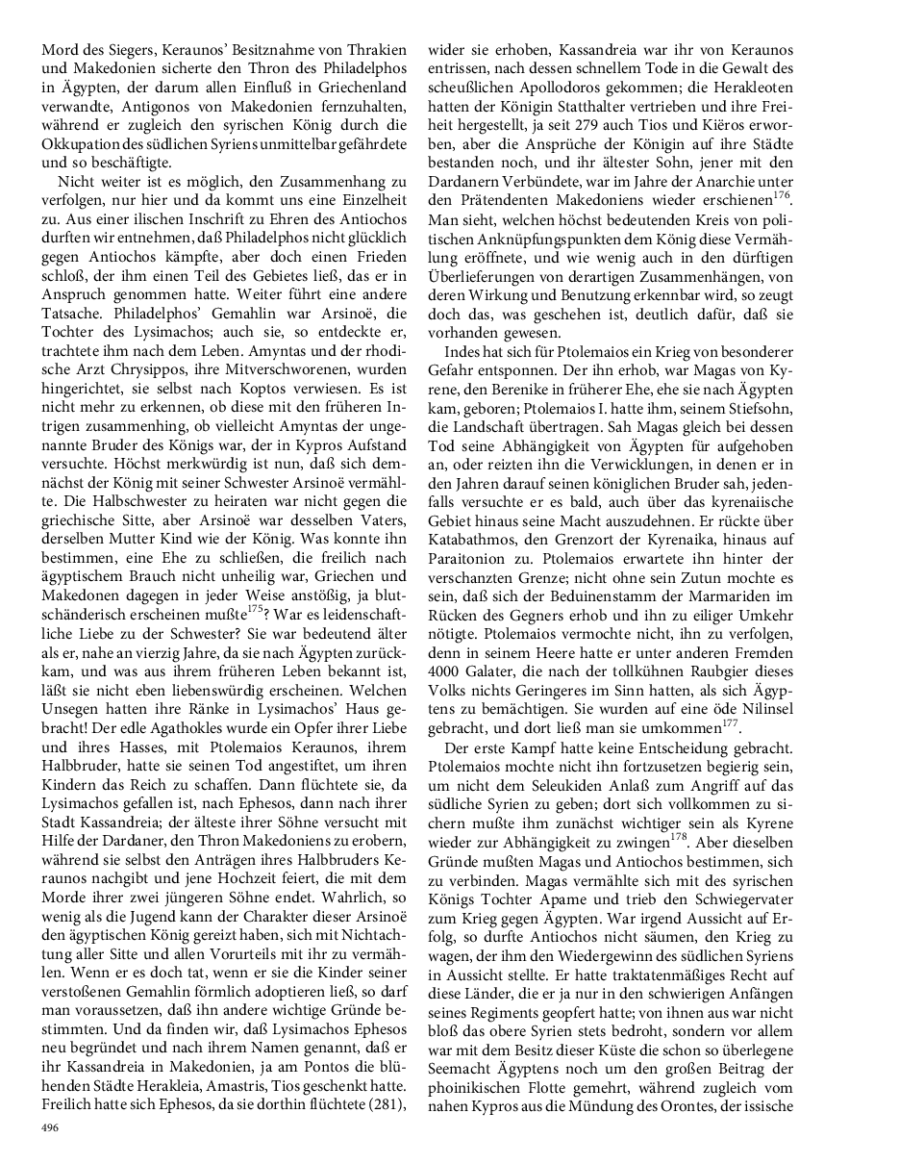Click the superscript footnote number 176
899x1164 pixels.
781,195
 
